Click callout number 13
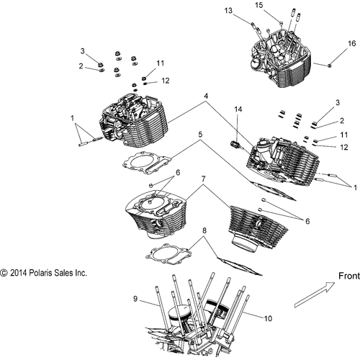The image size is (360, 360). (228, 11)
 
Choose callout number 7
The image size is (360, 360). (204, 179)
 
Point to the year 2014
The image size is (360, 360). (20, 274)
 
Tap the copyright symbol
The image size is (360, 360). (4, 274)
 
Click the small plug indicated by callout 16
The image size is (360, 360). (330, 66)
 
